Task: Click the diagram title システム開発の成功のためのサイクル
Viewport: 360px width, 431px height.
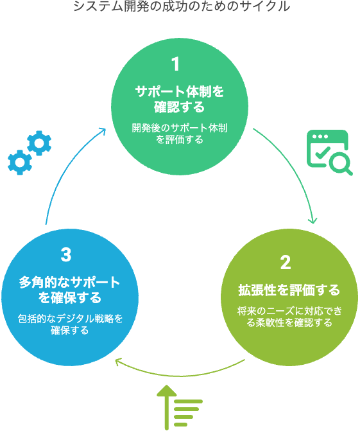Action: tap(182, 6)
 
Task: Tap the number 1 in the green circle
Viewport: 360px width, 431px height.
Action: tap(175, 64)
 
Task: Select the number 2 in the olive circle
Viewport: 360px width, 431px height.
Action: tap(286, 263)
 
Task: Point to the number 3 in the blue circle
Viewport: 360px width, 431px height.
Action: tap(66, 254)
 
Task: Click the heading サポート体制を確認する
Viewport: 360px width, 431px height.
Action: tap(180, 99)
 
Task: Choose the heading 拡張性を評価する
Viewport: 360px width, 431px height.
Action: tap(289, 290)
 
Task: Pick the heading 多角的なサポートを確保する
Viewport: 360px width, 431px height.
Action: tap(70, 290)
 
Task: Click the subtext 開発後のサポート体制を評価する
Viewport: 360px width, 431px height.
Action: tap(180, 134)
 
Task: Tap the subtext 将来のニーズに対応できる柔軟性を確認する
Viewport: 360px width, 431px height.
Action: tap(289, 317)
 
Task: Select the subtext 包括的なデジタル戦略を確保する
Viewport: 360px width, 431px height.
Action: tap(70, 324)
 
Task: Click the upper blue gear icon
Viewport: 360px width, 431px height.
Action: tap(39, 143)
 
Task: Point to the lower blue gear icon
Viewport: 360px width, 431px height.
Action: tap(20, 163)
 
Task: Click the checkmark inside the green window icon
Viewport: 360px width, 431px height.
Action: tap(323, 153)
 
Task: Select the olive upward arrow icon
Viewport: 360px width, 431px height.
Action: tap(167, 407)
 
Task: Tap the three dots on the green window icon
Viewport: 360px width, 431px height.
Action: tap(320, 137)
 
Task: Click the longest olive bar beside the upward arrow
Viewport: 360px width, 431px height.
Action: tap(189, 401)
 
